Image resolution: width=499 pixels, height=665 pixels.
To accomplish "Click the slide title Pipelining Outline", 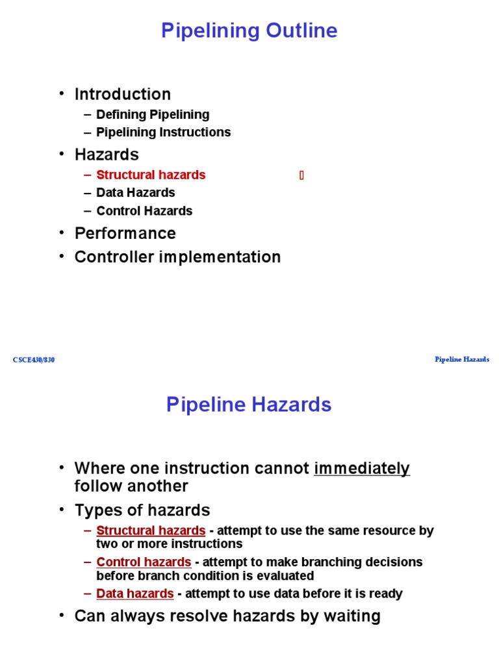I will [249, 31].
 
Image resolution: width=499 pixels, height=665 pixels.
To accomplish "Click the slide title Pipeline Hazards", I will [249, 405].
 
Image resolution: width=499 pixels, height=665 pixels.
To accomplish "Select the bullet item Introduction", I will [122, 94].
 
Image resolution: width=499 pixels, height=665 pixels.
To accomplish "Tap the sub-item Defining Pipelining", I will [153, 114].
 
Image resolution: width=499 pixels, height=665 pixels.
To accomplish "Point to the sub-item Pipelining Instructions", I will [163, 132].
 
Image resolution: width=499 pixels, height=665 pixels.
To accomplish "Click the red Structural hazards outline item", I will [151, 175].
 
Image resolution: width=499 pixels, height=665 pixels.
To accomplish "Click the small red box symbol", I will [301, 175].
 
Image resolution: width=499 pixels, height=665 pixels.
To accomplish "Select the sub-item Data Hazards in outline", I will [135, 192].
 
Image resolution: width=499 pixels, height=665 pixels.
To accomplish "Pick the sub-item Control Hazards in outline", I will [144, 210].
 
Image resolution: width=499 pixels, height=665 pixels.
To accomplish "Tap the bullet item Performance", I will [125, 233].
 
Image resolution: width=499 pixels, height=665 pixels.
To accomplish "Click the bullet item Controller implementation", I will [177, 257].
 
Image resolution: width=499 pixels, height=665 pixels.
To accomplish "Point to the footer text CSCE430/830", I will [34, 360].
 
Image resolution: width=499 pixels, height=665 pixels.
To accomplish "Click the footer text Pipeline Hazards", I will [462, 359].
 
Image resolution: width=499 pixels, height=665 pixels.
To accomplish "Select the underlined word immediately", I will [362, 468].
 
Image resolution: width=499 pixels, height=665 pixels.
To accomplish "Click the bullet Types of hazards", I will [142, 510].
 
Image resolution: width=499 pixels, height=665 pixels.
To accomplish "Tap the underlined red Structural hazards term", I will [151, 531].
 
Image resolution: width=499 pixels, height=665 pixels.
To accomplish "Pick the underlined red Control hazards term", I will [144, 562].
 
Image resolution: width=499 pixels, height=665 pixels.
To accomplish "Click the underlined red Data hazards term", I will [135, 593].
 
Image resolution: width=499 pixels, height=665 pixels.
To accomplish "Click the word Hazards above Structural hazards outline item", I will [107, 155].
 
